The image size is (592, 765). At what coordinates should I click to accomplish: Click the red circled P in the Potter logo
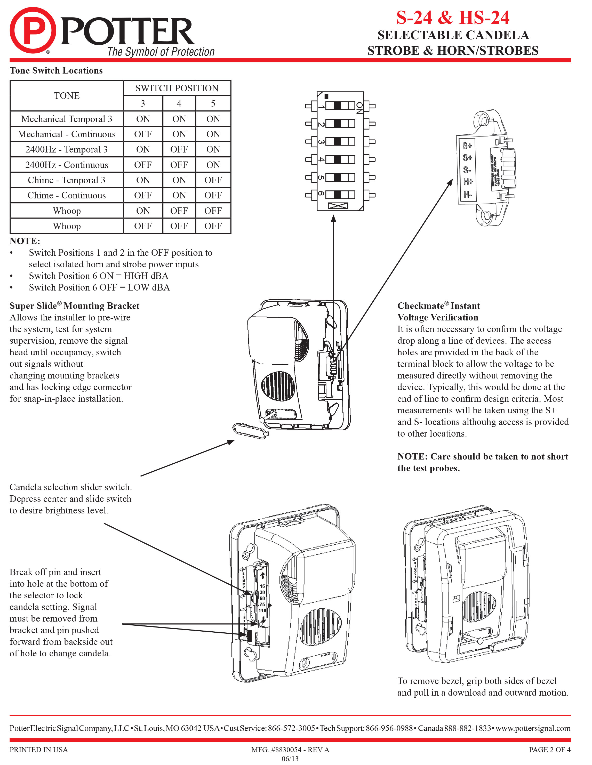33,30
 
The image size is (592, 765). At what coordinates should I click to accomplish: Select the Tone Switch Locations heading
56,70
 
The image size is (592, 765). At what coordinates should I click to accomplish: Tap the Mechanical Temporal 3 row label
67,119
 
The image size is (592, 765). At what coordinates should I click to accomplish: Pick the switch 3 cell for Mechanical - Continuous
143,134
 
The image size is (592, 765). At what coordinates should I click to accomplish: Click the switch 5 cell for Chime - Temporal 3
213,180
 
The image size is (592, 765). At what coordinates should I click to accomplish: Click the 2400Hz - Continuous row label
67,165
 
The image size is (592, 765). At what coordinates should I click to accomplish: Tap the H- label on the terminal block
468,194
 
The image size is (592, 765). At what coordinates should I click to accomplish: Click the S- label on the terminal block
467,170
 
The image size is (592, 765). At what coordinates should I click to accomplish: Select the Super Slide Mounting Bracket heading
74,306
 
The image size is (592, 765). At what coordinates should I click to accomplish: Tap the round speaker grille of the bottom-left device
321,627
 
